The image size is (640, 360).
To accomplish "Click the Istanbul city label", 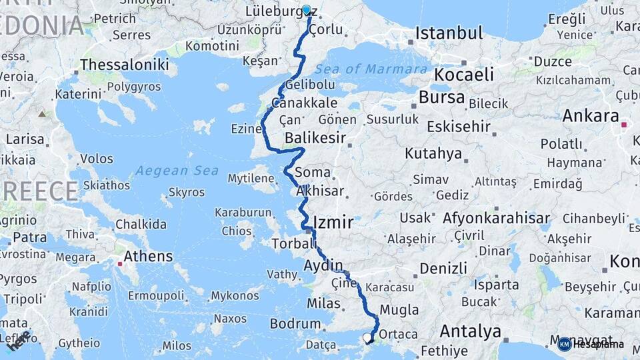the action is click(x=449, y=33).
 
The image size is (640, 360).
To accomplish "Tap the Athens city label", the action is click(x=148, y=256).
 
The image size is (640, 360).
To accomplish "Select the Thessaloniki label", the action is click(x=124, y=65).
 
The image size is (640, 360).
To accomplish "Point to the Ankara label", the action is click(x=591, y=115).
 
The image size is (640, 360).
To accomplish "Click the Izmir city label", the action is click(x=333, y=223).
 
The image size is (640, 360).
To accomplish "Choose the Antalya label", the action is click(x=471, y=331).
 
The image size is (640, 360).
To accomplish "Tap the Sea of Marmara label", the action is click(x=371, y=69).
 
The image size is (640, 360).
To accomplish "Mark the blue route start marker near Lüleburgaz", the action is click(x=307, y=11).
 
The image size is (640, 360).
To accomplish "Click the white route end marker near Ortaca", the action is click(x=367, y=338).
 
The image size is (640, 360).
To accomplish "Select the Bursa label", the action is click(x=441, y=97).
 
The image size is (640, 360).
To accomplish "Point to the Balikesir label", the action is click(x=315, y=138).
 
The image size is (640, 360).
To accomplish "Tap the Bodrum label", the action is click(x=295, y=324).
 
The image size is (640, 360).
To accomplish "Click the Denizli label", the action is click(x=443, y=269).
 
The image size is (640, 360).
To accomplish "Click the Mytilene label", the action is click(x=251, y=178).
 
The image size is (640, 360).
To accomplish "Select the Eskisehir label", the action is click(x=459, y=126).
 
